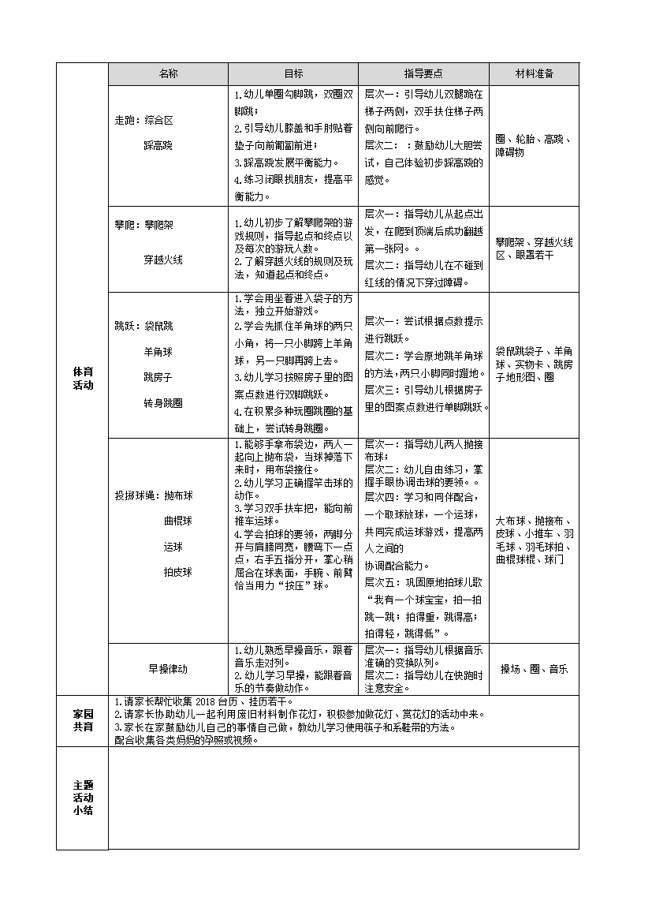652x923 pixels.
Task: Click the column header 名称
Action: pyautogui.click(x=168, y=73)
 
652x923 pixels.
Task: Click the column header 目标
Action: pyautogui.click(x=293, y=73)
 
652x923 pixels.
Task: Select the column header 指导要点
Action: pyautogui.click(x=423, y=73)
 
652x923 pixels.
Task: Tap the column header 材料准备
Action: pyautogui.click(x=535, y=73)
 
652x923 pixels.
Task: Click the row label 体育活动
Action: pyautogui.click(x=83, y=378)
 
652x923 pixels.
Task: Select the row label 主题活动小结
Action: pyautogui.click(x=83, y=798)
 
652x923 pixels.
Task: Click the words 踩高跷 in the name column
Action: pyautogui.click(x=158, y=145)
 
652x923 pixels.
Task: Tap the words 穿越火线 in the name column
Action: pyautogui.click(x=162, y=259)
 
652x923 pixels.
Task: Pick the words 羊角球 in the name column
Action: pyautogui.click(x=158, y=352)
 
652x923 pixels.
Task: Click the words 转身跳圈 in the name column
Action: pyautogui.click(x=162, y=402)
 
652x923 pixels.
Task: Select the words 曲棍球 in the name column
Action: pyautogui.click(x=177, y=521)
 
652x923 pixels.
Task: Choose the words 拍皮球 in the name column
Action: pyautogui.click(x=177, y=571)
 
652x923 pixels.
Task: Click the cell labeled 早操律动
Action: pyautogui.click(x=168, y=668)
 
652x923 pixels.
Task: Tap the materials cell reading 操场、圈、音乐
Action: pyautogui.click(x=535, y=668)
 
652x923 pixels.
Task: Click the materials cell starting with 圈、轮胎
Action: pyautogui.click(x=535, y=145)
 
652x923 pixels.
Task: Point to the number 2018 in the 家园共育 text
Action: pyautogui.click(x=204, y=701)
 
